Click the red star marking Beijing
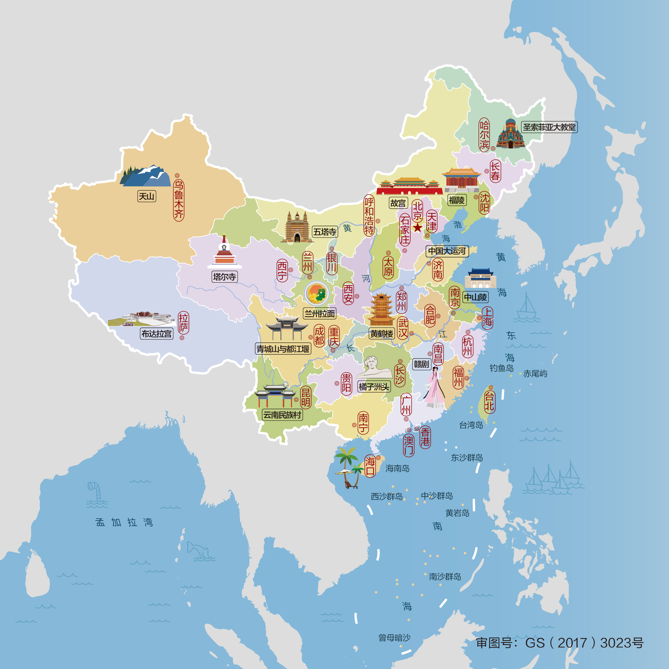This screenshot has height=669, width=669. point(418,228)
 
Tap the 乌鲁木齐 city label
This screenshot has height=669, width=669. point(179,200)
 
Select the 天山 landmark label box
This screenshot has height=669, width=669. point(146,196)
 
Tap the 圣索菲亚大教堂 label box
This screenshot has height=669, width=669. point(549,127)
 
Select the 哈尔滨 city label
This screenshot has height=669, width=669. point(484,135)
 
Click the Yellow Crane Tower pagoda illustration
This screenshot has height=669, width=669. point(381,309)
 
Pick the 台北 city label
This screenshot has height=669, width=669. point(489,401)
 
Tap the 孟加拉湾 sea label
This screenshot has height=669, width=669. point(124,522)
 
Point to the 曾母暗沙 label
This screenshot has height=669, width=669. point(394,638)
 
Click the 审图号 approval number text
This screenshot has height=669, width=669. point(560,643)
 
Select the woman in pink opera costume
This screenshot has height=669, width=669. point(435,387)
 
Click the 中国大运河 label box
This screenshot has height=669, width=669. point(447,251)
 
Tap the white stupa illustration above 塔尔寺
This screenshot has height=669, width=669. point(224,252)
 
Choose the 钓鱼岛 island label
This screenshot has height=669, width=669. point(502,368)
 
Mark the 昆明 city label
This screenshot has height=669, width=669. point(306,397)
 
